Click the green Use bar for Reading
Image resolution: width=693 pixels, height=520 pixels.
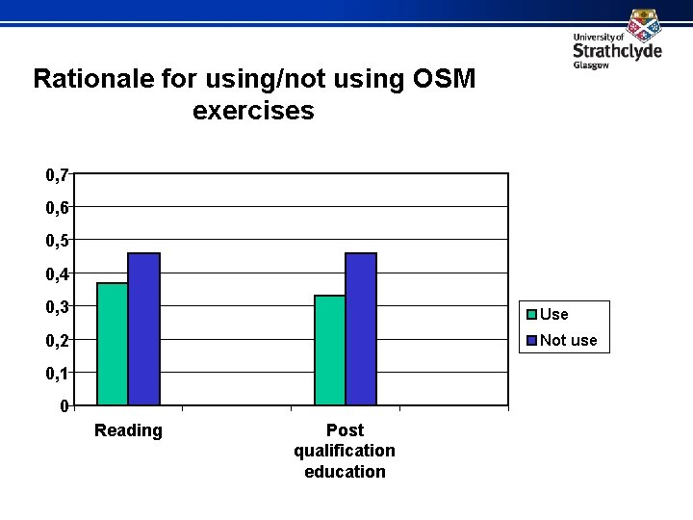click(113, 344)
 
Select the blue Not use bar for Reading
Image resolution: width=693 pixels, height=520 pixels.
click(143, 328)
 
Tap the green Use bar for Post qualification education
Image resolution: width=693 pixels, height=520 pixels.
click(330, 350)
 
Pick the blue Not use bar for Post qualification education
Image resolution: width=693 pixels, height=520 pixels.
click(361, 328)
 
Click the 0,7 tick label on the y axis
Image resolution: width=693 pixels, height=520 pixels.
click(57, 175)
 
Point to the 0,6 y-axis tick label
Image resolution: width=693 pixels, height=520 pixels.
click(57, 208)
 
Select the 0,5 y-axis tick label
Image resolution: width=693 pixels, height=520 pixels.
click(57, 241)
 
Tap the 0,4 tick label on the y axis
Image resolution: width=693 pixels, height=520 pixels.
click(57, 274)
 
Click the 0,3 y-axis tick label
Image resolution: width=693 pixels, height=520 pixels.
click(57, 307)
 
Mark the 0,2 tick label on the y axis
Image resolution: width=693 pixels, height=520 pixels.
click(57, 341)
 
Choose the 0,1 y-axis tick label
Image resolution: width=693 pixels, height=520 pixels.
click(57, 374)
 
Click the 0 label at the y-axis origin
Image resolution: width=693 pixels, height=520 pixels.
click(64, 406)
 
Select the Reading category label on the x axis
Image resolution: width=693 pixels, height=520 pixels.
click(128, 430)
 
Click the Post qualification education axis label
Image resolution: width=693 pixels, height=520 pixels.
click(345, 451)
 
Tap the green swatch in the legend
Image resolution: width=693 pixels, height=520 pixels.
click(530, 314)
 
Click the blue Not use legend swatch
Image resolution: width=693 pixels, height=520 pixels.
click(530, 340)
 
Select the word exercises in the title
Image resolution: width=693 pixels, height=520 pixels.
click(253, 111)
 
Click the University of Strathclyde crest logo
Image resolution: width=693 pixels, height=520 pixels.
click(643, 23)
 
